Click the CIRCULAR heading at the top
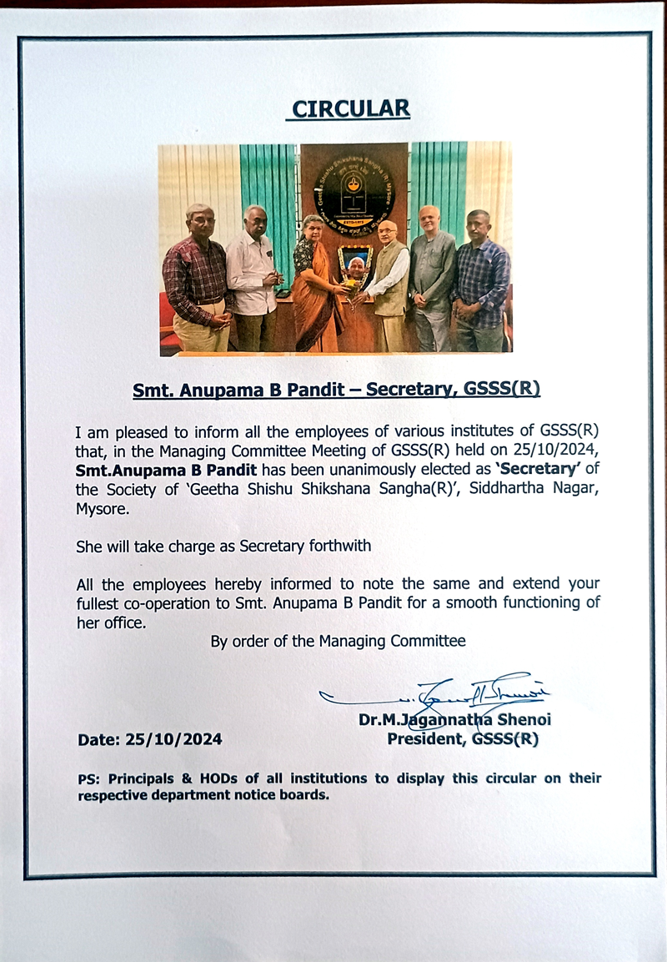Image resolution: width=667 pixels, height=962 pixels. click(351, 108)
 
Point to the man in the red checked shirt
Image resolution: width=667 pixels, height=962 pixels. click(198, 280)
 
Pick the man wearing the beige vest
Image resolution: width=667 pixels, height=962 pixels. click(388, 284)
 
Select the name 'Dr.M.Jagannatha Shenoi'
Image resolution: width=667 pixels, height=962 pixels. click(454, 720)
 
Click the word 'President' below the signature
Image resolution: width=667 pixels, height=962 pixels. click(426, 738)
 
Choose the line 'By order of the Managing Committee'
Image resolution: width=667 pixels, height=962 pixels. click(338, 641)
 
